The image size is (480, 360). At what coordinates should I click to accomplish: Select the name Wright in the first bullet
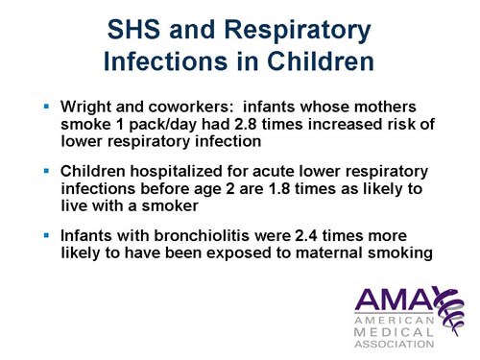[84, 103]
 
